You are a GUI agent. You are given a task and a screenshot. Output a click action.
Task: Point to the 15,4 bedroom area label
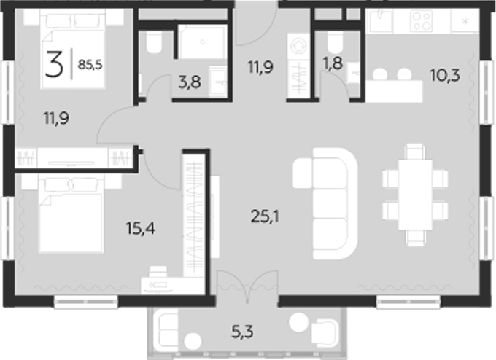click(x=142, y=229)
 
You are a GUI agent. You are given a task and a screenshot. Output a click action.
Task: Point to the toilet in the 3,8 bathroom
click(x=153, y=46)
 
